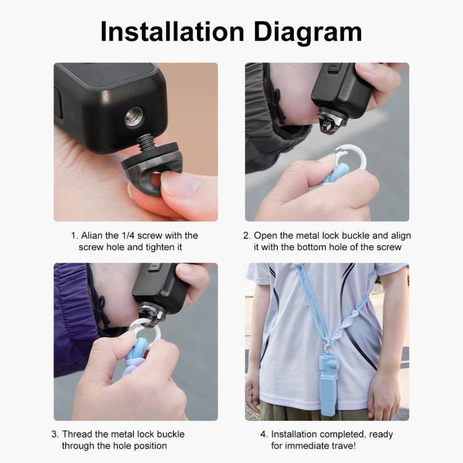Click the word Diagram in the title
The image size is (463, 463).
point(306,31)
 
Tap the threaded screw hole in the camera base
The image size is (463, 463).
point(133,117)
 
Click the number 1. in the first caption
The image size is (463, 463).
point(74,236)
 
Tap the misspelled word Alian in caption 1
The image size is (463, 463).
point(94,236)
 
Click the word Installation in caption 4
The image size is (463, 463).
point(296,434)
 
